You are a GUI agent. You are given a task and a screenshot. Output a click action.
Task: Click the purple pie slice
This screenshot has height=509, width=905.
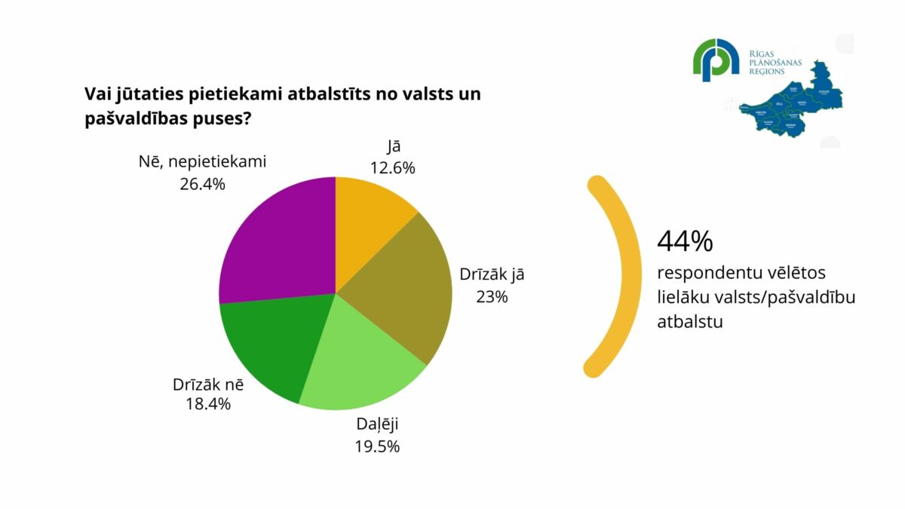275,241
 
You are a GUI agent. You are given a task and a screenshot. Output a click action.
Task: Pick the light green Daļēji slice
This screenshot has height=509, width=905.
362,362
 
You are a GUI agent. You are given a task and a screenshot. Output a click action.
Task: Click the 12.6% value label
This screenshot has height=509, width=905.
392,168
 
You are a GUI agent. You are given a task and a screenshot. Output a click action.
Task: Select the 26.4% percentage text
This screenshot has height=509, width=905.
203,183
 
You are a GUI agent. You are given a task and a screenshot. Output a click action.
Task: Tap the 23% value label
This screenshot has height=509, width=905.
492,296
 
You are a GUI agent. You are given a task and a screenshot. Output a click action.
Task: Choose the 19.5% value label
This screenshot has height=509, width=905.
377,446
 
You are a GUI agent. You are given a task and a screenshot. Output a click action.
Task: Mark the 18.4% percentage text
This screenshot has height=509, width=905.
208,403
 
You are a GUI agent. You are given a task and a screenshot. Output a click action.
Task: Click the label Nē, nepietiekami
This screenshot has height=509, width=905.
203,161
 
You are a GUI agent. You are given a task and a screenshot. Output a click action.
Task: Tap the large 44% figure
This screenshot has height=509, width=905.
685,241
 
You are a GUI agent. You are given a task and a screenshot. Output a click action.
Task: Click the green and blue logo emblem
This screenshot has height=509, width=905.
716,60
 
